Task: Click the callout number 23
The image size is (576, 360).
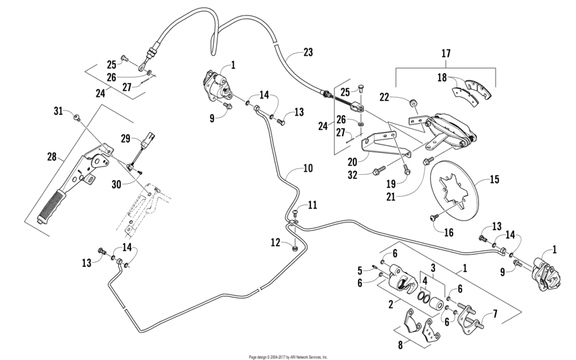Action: (x=308, y=53)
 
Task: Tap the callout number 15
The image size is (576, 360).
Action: (x=494, y=179)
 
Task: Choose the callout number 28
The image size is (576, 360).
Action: (x=51, y=156)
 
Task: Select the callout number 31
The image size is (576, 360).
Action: (x=59, y=112)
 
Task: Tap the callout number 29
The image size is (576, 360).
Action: (x=125, y=138)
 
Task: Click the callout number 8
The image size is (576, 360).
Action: (x=401, y=345)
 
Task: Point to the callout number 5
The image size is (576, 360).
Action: (x=360, y=269)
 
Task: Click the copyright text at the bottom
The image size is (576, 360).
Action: (x=289, y=356)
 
